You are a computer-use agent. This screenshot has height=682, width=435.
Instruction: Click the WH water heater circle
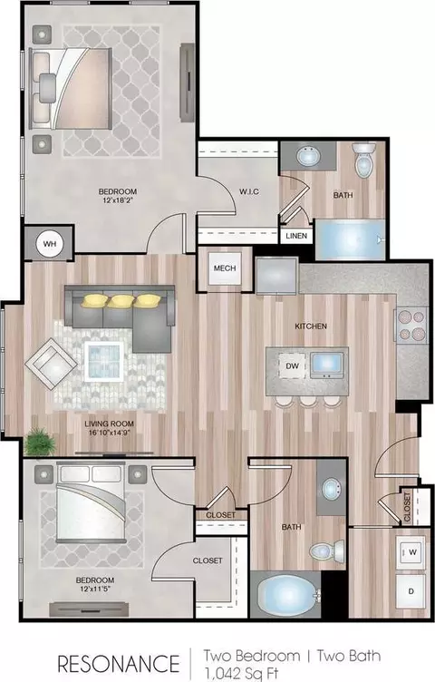[50, 244]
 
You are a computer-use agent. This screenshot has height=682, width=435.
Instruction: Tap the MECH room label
[225, 268]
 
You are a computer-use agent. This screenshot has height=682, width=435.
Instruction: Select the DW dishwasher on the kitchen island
[293, 365]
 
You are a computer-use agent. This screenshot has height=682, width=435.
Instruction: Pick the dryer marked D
[411, 590]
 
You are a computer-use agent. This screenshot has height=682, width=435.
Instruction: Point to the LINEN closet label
[297, 236]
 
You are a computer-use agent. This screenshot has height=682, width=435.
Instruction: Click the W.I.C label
[249, 191]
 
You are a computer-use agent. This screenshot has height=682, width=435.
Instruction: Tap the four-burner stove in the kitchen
[411, 326]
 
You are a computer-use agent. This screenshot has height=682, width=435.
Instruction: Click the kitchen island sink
[327, 365]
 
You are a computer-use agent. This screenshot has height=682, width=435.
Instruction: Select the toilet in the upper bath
[363, 160]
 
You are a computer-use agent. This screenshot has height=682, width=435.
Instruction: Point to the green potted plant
[40, 442]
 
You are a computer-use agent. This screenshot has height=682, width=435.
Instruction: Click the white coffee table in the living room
[104, 361]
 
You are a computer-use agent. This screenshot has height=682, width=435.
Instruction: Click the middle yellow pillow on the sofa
[120, 301]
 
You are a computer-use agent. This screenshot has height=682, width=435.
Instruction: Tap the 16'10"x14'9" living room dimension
[109, 433]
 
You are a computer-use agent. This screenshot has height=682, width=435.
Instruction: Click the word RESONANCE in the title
[119, 664]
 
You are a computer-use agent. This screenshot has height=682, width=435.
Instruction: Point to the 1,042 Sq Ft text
[241, 673]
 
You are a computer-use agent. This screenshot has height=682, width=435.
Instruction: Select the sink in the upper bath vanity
[308, 156]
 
